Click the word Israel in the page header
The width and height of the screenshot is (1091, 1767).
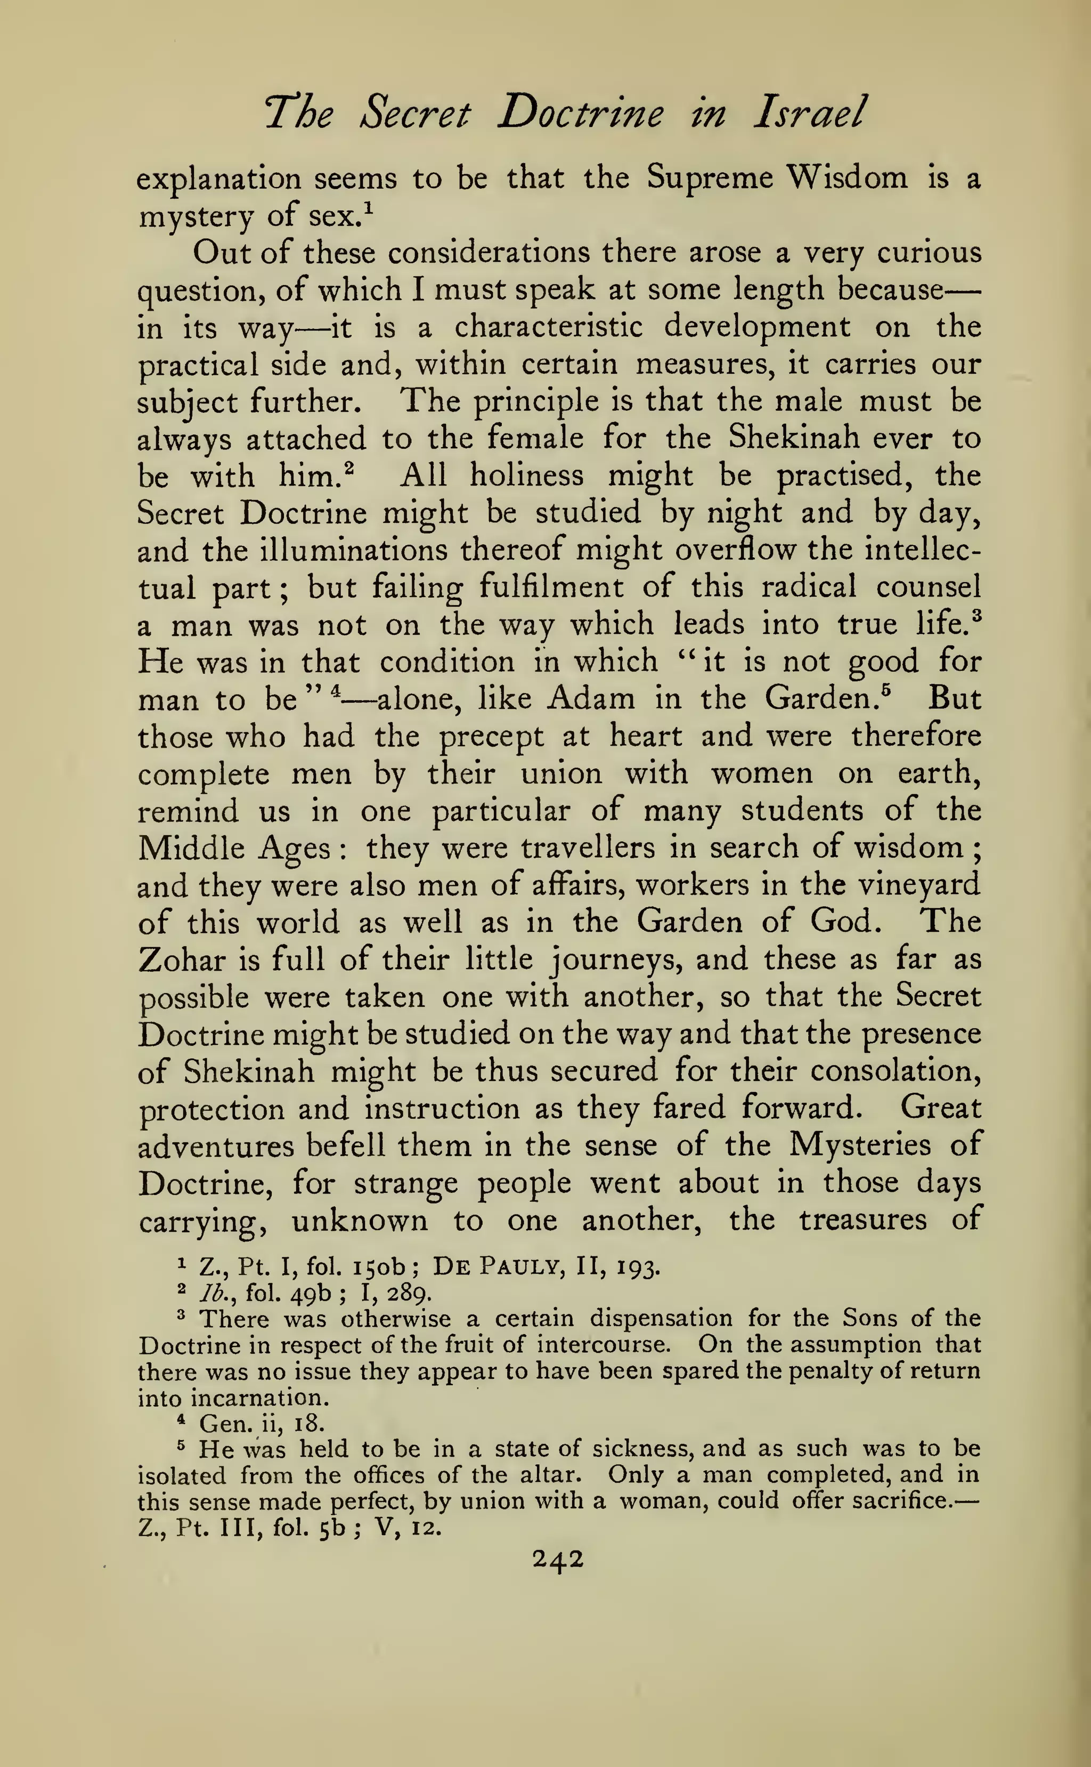pyautogui.click(x=808, y=114)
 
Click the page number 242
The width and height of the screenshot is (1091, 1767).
pyautogui.click(x=557, y=1559)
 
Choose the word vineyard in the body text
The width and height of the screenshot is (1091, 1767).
pyautogui.click(x=914, y=885)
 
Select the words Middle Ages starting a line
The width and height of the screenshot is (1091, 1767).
pyautogui.click(x=234, y=848)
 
